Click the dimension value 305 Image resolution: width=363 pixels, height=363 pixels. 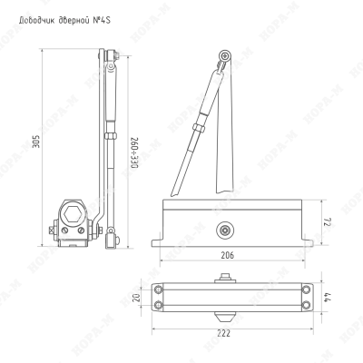(36, 141)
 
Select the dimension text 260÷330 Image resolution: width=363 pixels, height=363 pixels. (134, 153)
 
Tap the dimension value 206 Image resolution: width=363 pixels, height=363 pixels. (227, 255)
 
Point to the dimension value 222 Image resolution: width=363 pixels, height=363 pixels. (224, 333)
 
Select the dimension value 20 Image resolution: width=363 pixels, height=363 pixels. (137, 298)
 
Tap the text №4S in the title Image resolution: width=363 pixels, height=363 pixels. (102, 21)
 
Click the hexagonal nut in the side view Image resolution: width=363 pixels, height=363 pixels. (72, 213)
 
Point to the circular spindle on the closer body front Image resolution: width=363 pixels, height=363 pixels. (225, 231)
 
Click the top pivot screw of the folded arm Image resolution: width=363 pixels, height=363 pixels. (225, 56)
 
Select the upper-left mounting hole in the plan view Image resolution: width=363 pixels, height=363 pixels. (159, 289)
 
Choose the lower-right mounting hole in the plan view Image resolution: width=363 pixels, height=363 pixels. (307, 305)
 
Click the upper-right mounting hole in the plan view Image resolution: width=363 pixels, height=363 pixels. (307, 289)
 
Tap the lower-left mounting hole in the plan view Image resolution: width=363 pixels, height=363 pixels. (159, 305)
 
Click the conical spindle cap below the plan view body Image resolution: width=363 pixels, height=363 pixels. (225, 317)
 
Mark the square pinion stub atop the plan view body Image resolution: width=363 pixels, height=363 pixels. (225, 278)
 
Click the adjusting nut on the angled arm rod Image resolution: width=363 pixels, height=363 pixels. (199, 127)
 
